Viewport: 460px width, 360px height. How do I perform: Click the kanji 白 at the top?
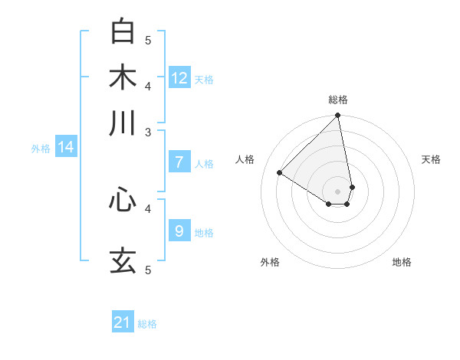click(x=123, y=31)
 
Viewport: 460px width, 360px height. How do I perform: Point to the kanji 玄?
click(x=123, y=260)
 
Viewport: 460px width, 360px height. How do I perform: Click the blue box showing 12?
click(x=179, y=78)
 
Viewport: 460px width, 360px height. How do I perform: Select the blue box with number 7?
click(x=179, y=162)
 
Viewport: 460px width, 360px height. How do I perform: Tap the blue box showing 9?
click(x=179, y=231)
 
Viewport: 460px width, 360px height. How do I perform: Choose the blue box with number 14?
click(x=66, y=147)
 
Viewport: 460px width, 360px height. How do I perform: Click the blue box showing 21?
click(x=123, y=322)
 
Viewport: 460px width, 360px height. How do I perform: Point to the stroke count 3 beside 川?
click(x=148, y=132)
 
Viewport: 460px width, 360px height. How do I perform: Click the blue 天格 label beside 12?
click(x=204, y=80)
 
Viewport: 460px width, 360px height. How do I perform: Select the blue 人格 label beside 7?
click(x=204, y=164)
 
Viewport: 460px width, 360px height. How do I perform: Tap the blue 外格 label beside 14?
click(x=41, y=149)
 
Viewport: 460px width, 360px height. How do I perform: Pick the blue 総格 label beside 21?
click(x=147, y=324)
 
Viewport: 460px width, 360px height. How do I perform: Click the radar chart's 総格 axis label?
click(x=338, y=100)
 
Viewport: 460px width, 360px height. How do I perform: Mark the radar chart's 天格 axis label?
click(x=432, y=159)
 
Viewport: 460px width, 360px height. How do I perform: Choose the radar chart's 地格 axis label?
click(x=402, y=262)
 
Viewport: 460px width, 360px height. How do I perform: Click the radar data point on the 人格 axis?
click(x=280, y=172)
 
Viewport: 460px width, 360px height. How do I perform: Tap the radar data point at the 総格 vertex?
click(x=338, y=116)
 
